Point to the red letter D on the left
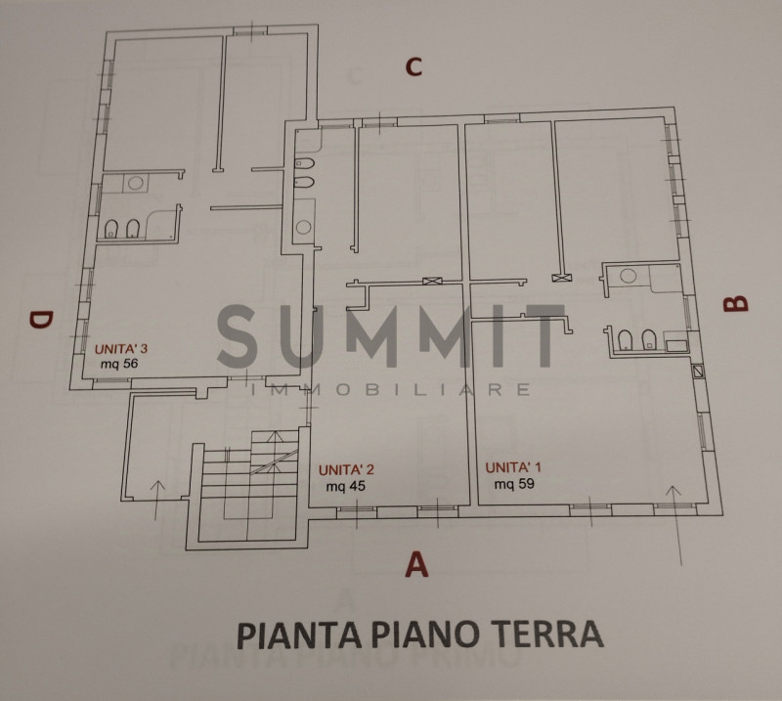(x=40, y=320)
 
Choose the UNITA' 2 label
(x=347, y=469)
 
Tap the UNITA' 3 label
(x=121, y=348)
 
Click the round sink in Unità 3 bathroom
(x=136, y=183)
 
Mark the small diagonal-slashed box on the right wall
(x=697, y=371)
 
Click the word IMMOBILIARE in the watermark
(x=391, y=389)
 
